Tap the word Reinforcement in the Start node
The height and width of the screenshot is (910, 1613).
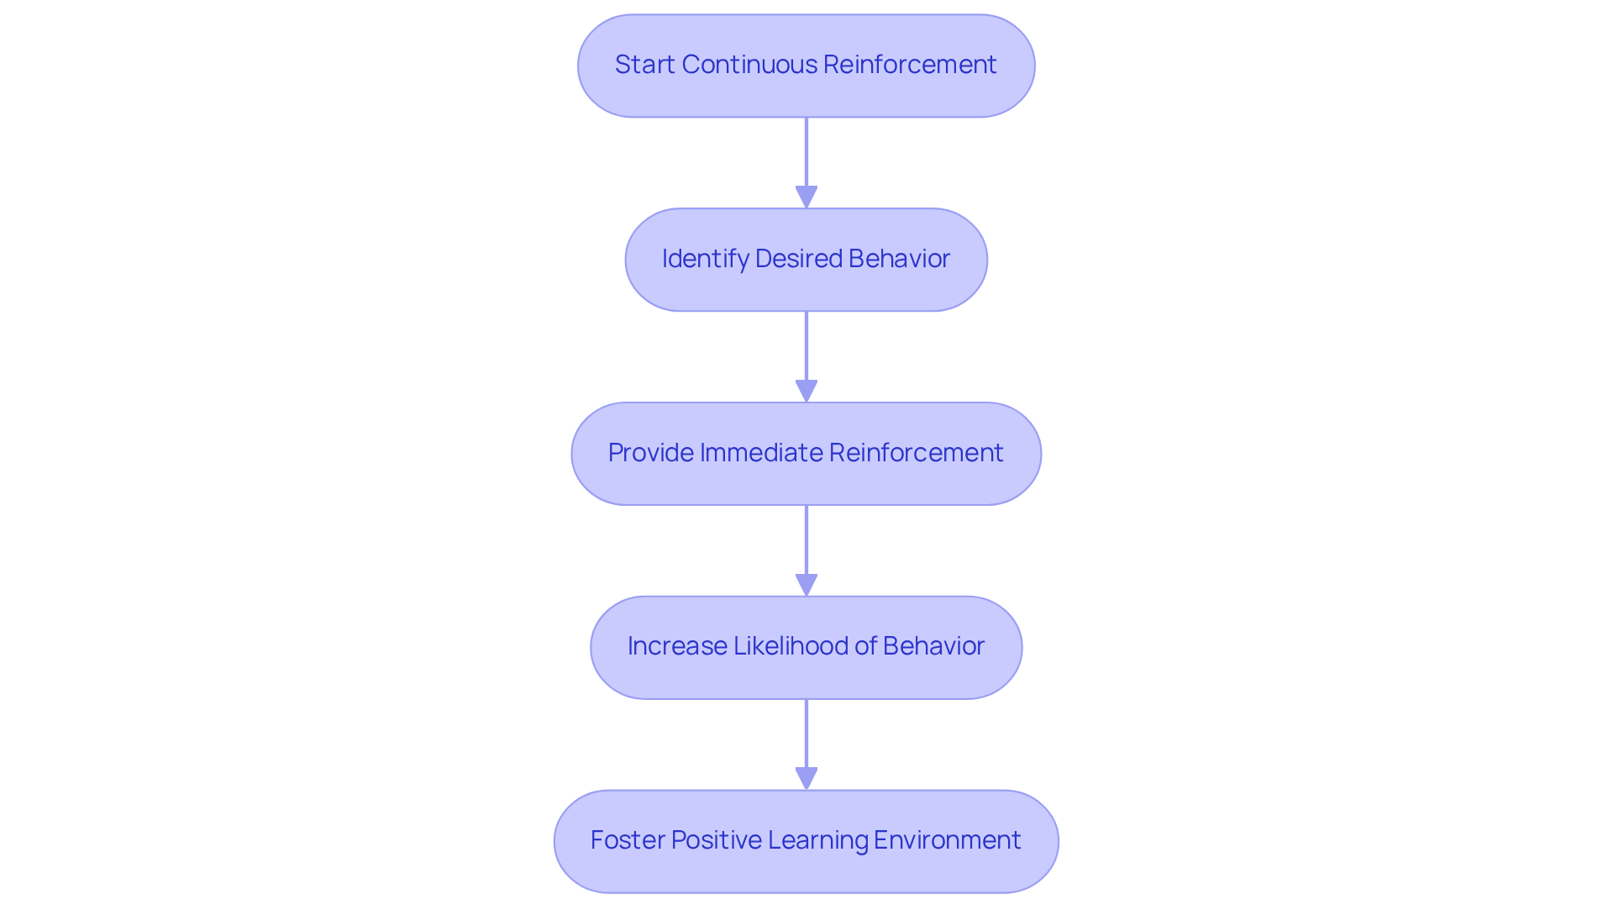(x=910, y=65)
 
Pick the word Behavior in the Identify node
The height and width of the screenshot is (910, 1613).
(x=899, y=259)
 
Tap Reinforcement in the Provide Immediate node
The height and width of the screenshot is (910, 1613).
(x=917, y=453)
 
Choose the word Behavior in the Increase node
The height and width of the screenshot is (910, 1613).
(x=933, y=646)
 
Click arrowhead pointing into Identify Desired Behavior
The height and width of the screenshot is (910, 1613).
(x=806, y=197)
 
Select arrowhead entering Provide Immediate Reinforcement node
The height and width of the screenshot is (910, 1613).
(x=806, y=392)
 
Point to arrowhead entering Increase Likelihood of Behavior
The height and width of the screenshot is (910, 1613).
(x=806, y=586)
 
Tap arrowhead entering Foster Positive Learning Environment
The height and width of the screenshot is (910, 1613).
(x=806, y=779)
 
